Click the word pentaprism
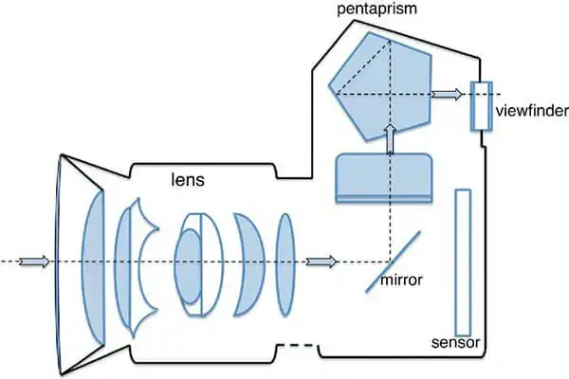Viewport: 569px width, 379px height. click(377, 9)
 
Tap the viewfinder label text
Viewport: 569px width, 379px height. click(532, 111)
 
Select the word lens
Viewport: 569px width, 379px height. click(188, 179)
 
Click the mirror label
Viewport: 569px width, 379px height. click(401, 280)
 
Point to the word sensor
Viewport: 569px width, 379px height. click(456, 342)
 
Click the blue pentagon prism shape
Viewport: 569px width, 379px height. click(380, 86)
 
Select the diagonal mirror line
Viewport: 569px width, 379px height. click(393, 262)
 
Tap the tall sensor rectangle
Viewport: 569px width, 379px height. click(463, 262)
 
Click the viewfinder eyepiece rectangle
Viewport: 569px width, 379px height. click(482, 105)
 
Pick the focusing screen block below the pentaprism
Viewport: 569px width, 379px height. click(384, 178)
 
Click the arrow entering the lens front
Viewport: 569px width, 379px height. click(34, 262)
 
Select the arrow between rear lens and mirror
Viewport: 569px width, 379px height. click(321, 262)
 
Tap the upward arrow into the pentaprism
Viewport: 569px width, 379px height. click(390, 139)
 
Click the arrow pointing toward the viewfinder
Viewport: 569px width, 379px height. click(447, 95)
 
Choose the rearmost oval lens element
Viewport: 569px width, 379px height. click(285, 264)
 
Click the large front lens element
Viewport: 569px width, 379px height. click(94, 267)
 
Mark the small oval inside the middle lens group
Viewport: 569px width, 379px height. click(188, 266)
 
